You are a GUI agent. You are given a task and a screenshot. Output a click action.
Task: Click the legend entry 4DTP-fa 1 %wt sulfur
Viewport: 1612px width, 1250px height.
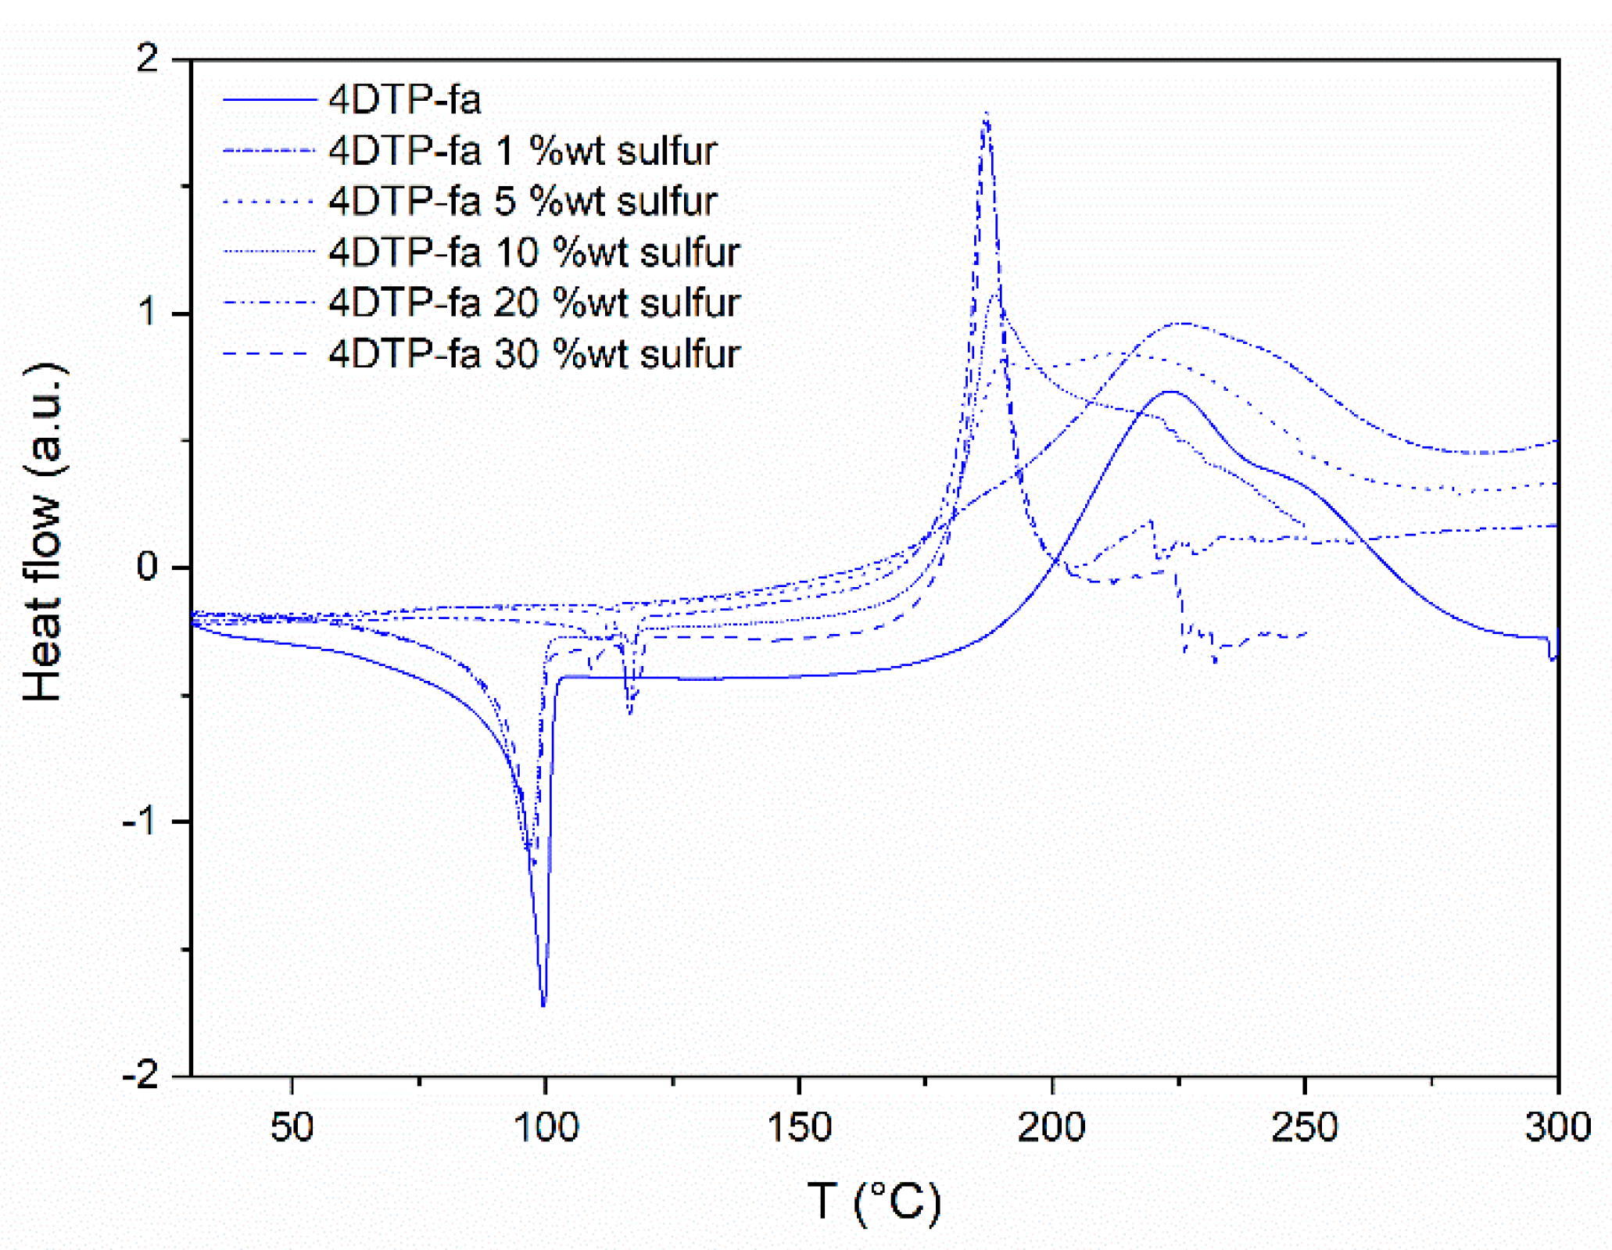tap(522, 150)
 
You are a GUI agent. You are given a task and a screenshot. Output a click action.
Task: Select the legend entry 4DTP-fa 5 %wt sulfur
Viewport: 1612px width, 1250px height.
tap(522, 201)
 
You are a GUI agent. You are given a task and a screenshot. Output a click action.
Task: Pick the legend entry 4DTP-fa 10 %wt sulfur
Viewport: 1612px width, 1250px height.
tap(534, 252)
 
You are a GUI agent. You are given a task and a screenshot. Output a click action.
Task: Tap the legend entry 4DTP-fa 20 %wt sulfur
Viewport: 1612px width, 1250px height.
tap(534, 303)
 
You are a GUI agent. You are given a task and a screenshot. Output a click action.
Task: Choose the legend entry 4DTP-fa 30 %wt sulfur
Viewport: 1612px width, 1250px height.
tap(534, 353)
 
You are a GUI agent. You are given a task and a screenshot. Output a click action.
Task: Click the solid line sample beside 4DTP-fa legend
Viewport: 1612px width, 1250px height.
tap(269, 100)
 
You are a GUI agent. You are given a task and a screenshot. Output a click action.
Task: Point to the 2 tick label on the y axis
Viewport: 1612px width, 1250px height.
tap(147, 58)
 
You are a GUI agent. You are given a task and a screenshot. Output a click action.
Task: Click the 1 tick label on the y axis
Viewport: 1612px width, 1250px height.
tap(147, 312)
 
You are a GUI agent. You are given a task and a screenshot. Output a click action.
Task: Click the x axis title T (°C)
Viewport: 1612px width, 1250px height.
tap(874, 1201)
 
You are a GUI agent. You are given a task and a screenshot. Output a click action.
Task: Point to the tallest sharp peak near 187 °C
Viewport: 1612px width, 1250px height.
tap(987, 114)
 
